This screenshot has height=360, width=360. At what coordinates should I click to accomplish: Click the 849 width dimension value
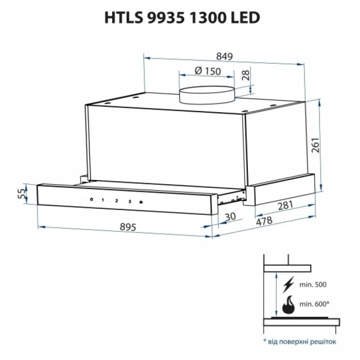224,57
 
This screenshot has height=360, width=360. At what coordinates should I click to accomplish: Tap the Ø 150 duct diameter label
208,71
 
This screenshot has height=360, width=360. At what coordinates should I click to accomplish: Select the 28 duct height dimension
245,75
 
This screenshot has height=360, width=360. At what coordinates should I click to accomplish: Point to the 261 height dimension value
315,145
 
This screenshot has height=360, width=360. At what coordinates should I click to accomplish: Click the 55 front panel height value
21,193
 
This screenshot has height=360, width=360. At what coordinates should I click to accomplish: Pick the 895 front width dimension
128,227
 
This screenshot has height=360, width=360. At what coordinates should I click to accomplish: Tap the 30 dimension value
230,217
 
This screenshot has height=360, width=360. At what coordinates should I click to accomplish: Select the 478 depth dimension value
264,221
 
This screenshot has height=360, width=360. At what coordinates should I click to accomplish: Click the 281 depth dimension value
285,205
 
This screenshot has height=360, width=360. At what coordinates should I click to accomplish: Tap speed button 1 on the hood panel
103,200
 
